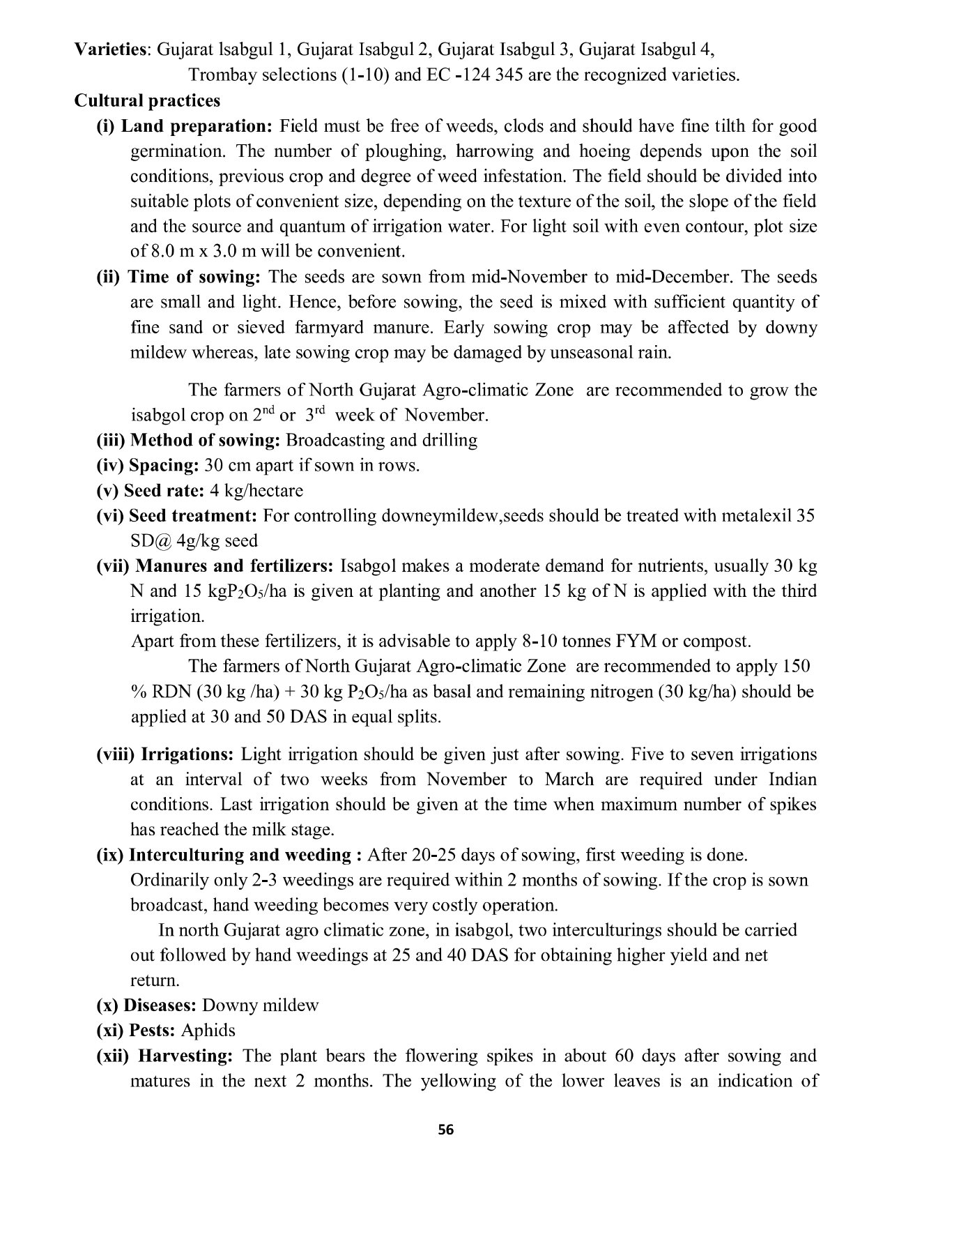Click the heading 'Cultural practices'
pos(147,100)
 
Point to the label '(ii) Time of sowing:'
pos(178,277)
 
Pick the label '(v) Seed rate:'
pos(150,490)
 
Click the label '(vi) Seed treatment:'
pos(177,516)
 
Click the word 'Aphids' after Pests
pos(208,1031)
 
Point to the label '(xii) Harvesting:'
pos(164,1056)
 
